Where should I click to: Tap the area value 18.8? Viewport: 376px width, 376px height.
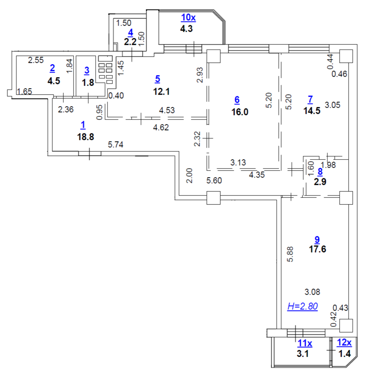(85, 137)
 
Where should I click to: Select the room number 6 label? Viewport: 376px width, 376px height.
(237, 99)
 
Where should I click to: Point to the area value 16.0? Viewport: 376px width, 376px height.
(239, 112)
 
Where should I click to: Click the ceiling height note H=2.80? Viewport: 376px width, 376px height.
(302, 306)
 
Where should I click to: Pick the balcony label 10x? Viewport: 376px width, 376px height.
(189, 18)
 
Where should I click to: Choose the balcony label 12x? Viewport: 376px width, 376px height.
(344, 343)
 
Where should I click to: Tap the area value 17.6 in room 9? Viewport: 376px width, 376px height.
(317, 249)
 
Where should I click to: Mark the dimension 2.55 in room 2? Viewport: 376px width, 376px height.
(36, 60)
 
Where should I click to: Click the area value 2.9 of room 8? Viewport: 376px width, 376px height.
(320, 182)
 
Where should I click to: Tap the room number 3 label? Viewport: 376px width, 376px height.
(87, 70)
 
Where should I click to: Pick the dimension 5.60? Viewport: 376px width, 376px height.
(214, 181)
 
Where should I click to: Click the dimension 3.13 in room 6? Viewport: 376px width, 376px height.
(238, 162)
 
